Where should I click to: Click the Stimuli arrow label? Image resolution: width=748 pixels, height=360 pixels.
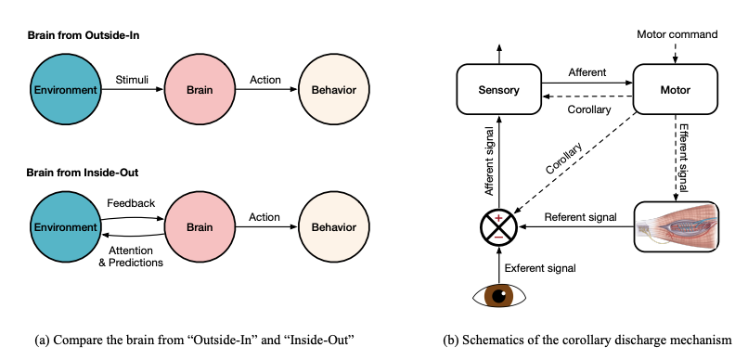131,81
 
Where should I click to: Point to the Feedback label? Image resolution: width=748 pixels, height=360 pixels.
130,203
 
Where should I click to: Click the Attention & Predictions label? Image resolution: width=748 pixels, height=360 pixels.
131,256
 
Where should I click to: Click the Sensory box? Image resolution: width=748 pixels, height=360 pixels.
498,90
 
